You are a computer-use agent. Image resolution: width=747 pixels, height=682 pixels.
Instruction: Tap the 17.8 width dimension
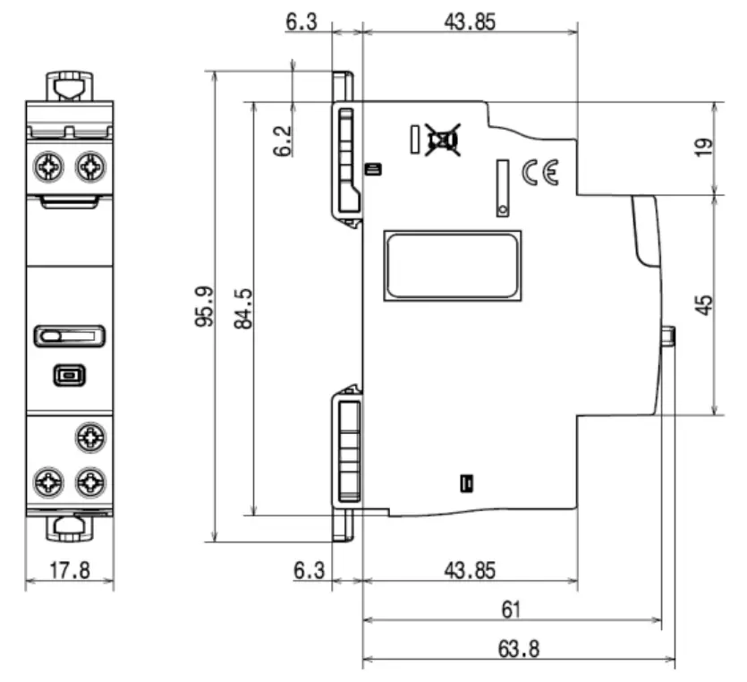tap(69, 570)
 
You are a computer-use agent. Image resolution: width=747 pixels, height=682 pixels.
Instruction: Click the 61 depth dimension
tap(510, 610)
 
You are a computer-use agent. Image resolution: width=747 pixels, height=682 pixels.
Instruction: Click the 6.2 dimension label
tap(283, 141)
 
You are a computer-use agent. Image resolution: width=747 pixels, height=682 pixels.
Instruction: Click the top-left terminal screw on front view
tap(48, 166)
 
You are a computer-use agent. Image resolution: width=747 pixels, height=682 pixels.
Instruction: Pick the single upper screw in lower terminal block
tap(90, 436)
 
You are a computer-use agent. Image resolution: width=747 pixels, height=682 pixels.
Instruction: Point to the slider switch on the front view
tap(70, 337)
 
